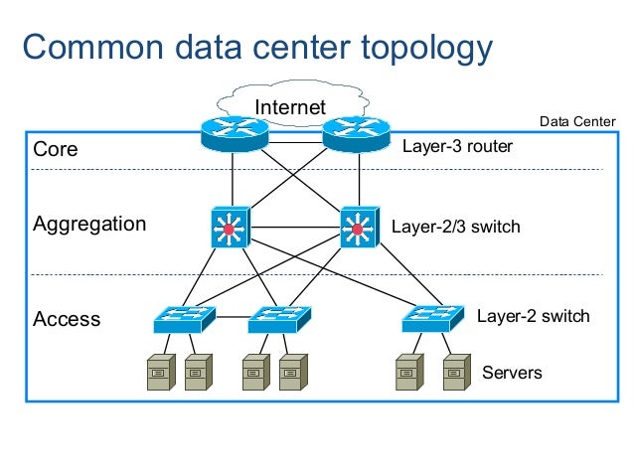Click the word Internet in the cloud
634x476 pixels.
pos(290,106)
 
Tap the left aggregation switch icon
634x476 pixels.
pos(231,228)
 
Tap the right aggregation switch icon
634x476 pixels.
pos(358,228)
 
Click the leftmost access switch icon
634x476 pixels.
pos(185,318)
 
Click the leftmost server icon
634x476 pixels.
pos(160,373)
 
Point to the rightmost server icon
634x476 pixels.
pos(456,373)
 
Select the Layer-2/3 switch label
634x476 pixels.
pos(455,227)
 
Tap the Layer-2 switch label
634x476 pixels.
pos(534,316)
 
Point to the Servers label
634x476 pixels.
pos(512,373)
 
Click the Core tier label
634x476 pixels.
pos(56,150)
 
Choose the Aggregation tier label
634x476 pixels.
pos(89,225)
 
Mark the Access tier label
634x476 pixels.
pos(67,319)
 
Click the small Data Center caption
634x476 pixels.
pos(577,121)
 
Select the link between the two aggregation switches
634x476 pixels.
pos(294,228)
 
